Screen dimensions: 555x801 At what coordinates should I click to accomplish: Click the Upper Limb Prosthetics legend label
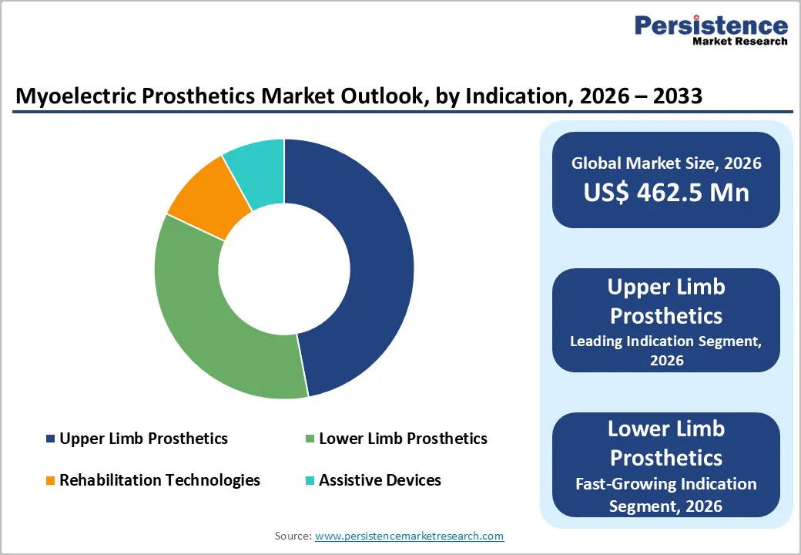point(143,439)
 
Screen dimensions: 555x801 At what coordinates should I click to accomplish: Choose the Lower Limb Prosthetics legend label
point(403,439)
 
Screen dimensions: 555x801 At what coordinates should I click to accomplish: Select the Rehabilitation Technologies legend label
point(159,480)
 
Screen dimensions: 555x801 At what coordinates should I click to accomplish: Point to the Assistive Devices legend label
point(380,480)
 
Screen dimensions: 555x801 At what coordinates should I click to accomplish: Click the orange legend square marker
point(51,481)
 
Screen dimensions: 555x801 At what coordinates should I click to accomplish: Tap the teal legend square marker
point(310,481)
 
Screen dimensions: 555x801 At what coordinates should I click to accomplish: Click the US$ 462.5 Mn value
point(666,192)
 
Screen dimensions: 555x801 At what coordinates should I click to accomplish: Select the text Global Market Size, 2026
point(666,163)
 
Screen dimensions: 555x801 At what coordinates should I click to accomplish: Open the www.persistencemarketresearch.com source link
point(409,536)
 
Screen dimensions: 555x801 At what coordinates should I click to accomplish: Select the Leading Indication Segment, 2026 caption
point(666,351)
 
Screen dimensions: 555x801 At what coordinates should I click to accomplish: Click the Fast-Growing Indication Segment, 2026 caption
point(666,495)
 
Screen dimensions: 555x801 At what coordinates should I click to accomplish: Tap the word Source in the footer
point(292,536)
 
